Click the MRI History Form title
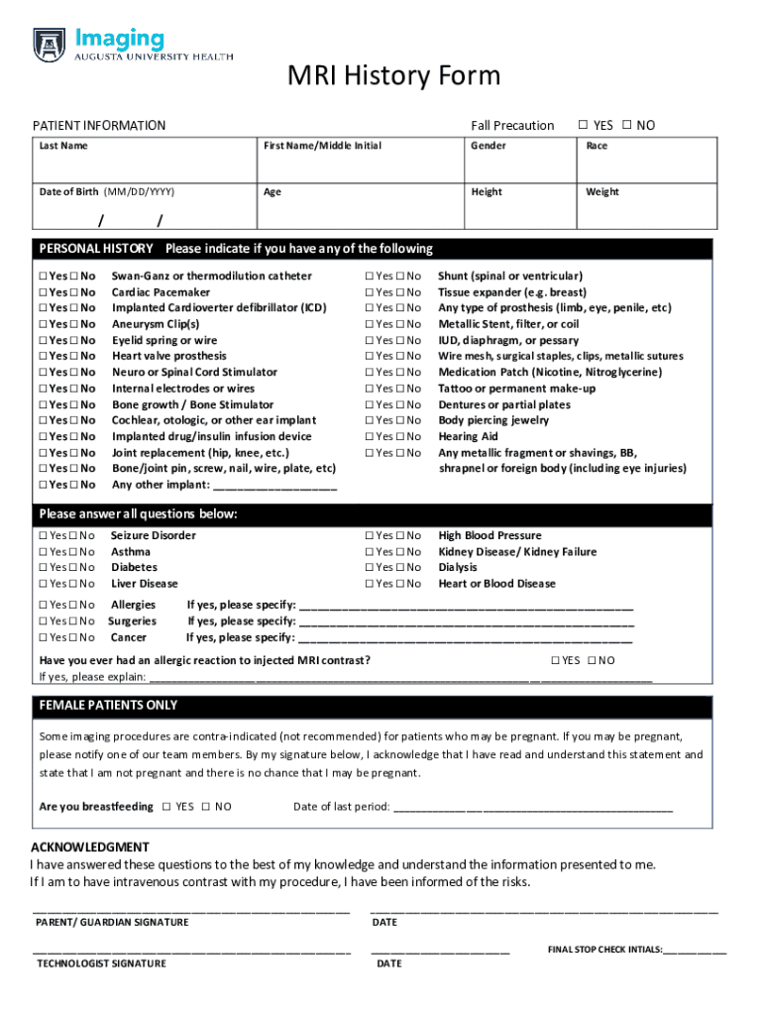(x=393, y=76)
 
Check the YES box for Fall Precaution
(x=584, y=126)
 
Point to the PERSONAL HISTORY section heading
(x=96, y=249)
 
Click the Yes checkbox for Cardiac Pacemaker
(x=44, y=292)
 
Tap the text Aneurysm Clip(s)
(x=156, y=324)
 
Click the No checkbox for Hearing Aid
(x=402, y=437)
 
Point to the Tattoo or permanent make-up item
(x=516, y=389)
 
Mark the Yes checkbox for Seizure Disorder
(x=44, y=536)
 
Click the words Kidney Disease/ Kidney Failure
(x=517, y=552)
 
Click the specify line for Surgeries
(x=467, y=621)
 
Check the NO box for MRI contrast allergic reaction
(x=592, y=661)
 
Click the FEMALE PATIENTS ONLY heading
(x=108, y=706)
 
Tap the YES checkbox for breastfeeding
(x=166, y=807)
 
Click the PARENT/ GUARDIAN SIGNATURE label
(x=112, y=923)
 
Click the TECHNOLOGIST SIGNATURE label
(x=101, y=963)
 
